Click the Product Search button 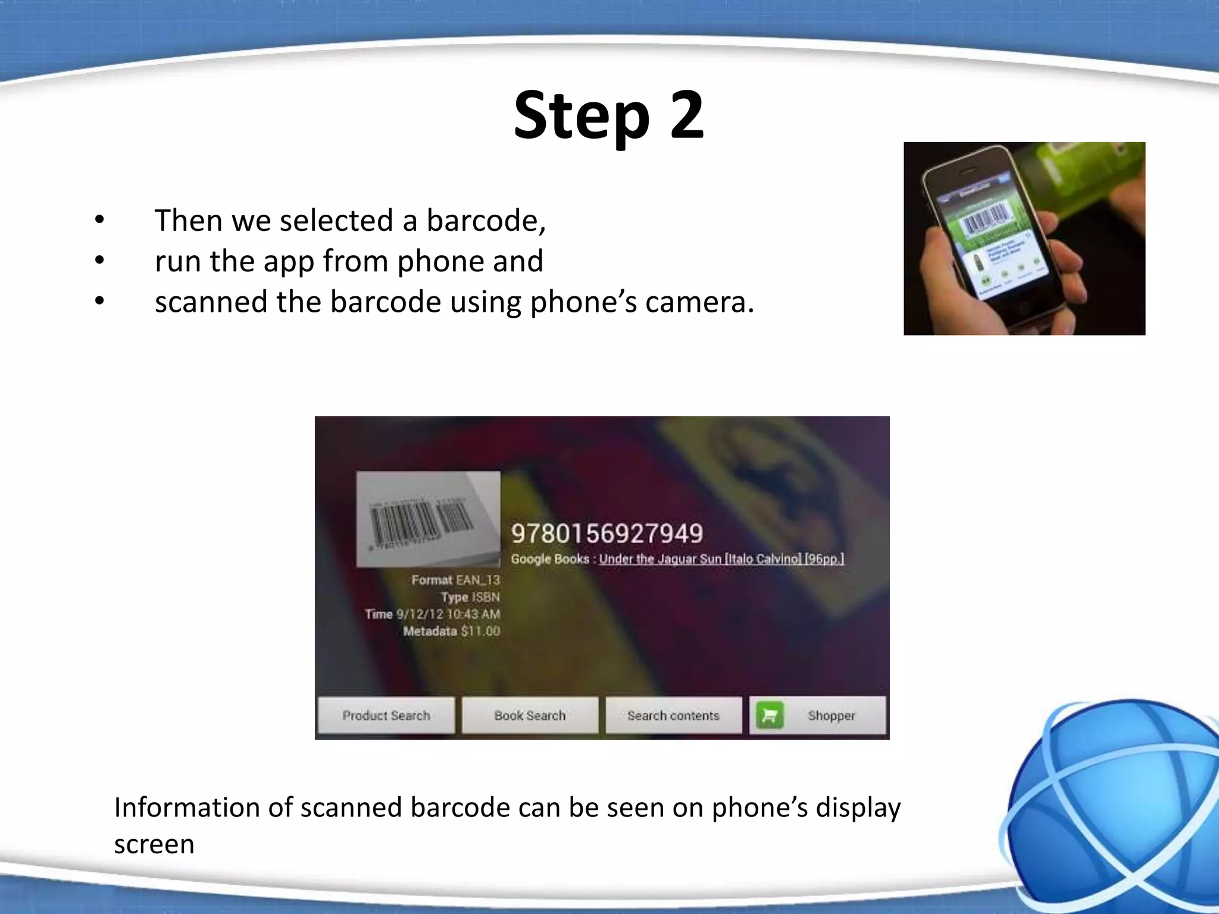(x=386, y=715)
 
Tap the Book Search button (x=530, y=715)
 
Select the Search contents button (x=673, y=715)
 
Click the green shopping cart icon (x=770, y=715)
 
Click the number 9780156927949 (x=607, y=533)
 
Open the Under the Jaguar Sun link (x=721, y=559)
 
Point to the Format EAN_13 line (x=455, y=580)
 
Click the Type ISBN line (x=470, y=597)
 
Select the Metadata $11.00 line (x=451, y=631)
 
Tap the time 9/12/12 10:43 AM (x=448, y=614)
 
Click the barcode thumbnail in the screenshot (x=428, y=518)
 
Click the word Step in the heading (x=581, y=116)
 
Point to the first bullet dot (x=99, y=220)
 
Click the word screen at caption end (x=154, y=844)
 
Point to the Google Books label (x=549, y=559)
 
